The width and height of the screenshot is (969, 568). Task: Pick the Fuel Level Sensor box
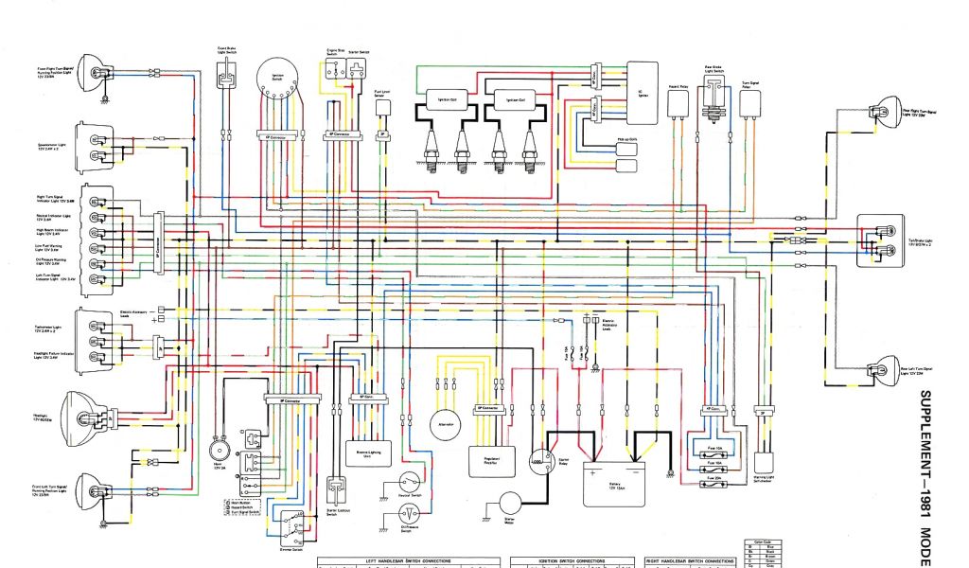(x=383, y=107)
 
